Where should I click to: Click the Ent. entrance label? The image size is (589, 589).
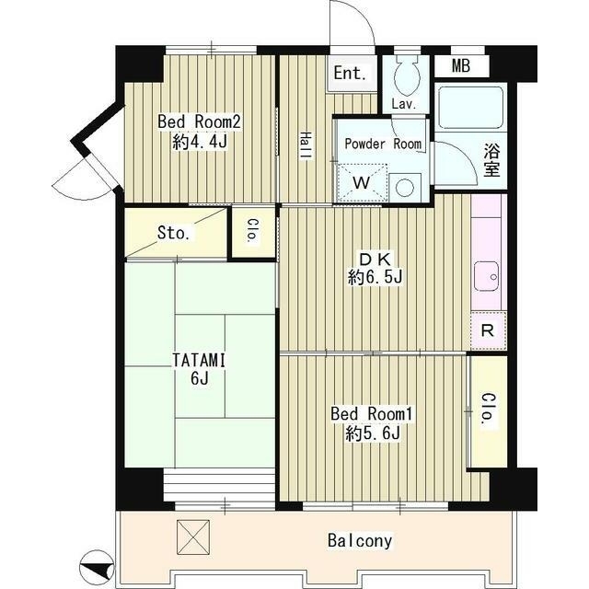tap(350, 74)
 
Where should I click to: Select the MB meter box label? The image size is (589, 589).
tap(461, 66)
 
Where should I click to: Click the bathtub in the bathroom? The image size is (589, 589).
tap(471, 108)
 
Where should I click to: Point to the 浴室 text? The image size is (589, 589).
tap(491, 160)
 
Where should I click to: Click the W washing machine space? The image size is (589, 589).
tap(362, 182)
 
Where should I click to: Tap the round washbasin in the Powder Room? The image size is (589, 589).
tap(405, 188)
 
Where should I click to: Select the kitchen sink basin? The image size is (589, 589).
tap(486, 276)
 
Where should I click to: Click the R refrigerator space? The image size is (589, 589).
tap(488, 330)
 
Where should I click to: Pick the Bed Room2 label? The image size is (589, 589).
tap(199, 122)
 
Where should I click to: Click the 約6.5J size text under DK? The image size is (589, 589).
tap(375, 278)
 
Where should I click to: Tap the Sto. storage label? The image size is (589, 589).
tap(173, 233)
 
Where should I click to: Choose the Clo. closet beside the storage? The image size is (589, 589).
tap(253, 231)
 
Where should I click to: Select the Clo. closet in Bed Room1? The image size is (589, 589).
tap(489, 411)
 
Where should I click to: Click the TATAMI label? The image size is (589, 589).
tap(199, 361)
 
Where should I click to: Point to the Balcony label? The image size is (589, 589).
tap(360, 540)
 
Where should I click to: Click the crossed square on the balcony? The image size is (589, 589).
tap(193, 537)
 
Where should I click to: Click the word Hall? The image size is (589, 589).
tap(306, 146)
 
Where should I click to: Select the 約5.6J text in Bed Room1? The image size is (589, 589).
tap(373, 433)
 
